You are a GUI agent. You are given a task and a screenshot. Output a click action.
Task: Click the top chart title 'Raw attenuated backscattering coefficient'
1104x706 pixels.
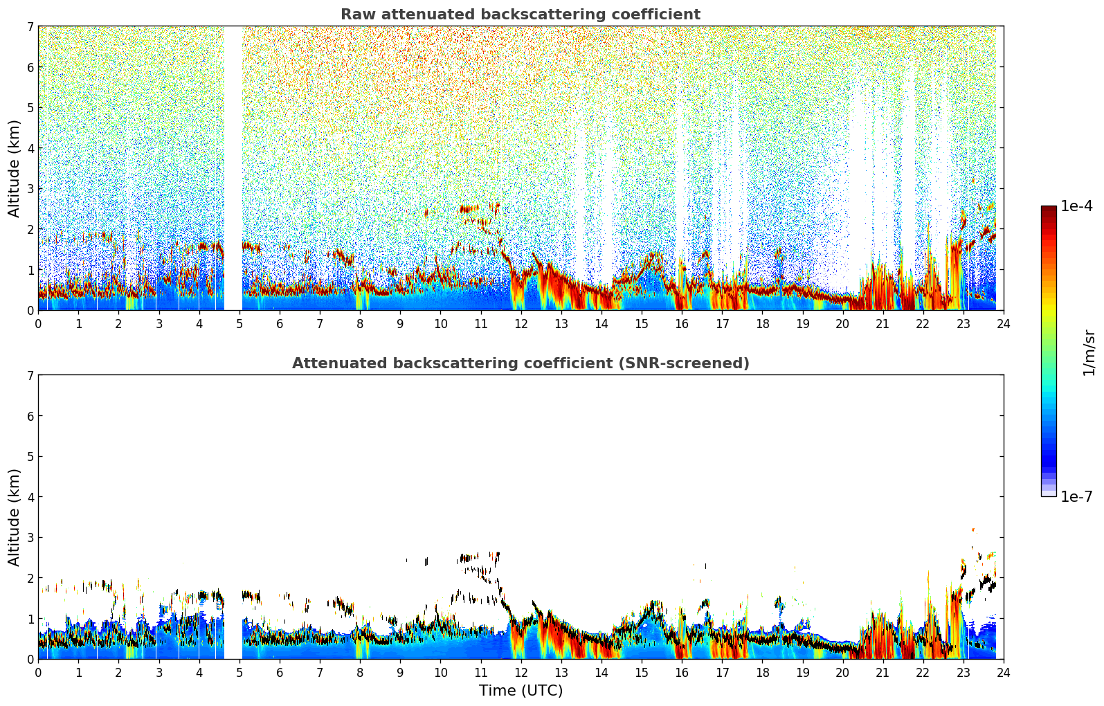tap(520, 15)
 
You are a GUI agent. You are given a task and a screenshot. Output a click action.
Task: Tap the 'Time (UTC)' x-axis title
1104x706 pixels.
tap(521, 691)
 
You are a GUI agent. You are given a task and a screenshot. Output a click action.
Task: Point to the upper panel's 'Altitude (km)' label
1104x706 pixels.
tap(15, 168)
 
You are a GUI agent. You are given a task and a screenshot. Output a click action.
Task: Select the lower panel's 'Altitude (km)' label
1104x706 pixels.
tap(15, 517)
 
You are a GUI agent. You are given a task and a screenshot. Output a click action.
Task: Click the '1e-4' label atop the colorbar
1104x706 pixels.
tap(1076, 206)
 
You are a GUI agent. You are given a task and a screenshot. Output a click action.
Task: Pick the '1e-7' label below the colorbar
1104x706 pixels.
tap(1076, 496)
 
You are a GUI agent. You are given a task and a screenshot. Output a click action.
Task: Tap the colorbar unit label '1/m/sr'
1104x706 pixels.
tap(1089, 352)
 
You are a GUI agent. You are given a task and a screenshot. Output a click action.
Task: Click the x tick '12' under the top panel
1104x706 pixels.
tap(521, 323)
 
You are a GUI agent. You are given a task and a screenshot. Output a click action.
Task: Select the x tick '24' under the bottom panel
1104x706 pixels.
tap(1003, 672)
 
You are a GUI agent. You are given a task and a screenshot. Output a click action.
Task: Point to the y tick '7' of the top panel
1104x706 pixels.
tap(30, 27)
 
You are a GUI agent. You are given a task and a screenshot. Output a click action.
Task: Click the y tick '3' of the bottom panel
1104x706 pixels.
tap(30, 538)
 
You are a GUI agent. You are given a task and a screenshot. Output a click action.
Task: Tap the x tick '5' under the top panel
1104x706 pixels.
tap(239, 323)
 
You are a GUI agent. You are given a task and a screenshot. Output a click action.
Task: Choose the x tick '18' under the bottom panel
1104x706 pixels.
tap(762, 672)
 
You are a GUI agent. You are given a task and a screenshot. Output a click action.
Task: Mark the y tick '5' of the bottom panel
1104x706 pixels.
tap(30, 457)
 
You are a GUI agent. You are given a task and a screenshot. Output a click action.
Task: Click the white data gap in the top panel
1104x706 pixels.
tap(233, 166)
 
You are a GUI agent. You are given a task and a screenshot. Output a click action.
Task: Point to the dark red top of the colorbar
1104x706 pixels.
tap(1049, 210)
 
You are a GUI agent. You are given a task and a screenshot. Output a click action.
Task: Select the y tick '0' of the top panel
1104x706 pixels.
tap(30, 311)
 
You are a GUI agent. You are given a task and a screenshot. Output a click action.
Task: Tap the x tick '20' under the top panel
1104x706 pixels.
tap(842, 323)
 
